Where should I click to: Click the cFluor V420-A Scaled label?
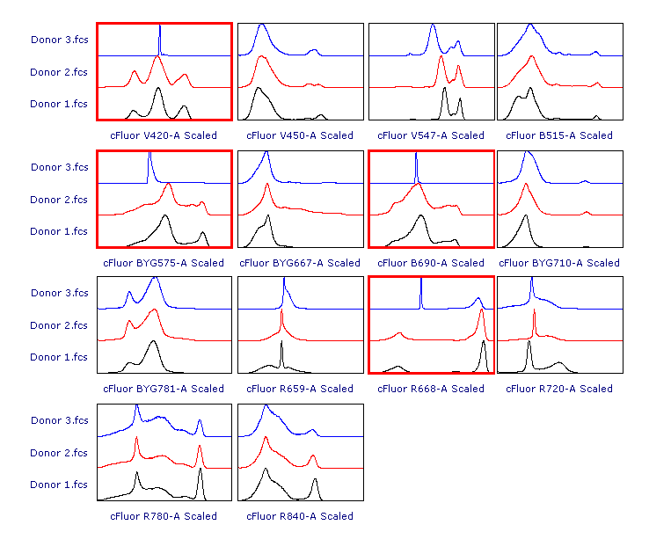[x=164, y=135]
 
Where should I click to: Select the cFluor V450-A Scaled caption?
[x=300, y=135]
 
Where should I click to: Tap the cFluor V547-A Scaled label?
[x=431, y=135]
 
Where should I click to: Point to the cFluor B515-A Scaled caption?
[x=559, y=135]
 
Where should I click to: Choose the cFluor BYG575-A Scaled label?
[x=164, y=263]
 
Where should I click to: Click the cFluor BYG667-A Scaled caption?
[x=300, y=263]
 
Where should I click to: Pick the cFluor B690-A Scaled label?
[x=431, y=263]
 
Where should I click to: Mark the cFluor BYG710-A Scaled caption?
[x=559, y=263]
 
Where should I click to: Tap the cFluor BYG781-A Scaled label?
[x=164, y=389]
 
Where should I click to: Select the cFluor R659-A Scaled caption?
[x=300, y=389]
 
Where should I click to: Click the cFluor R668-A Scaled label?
[x=431, y=389]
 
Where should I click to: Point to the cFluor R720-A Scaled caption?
[x=559, y=389]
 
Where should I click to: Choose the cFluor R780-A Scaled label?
[x=164, y=516]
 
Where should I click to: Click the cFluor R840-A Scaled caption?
[x=300, y=516]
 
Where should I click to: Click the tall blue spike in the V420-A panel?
[x=160, y=40]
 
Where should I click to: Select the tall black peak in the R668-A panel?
[x=483, y=355]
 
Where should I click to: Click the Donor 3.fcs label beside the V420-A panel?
[x=59, y=40]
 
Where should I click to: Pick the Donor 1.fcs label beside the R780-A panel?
[x=59, y=485]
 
